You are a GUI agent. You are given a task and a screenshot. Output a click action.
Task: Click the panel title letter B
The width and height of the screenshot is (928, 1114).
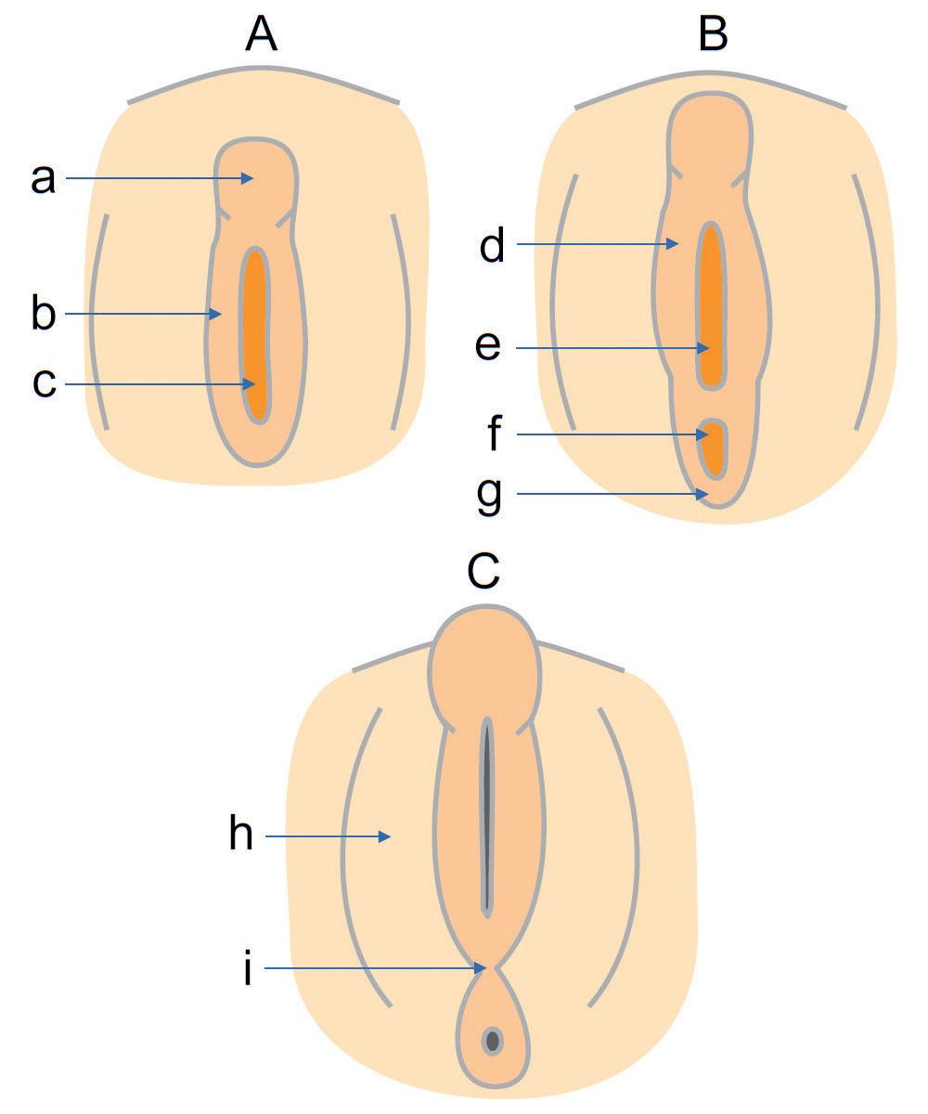click(x=713, y=33)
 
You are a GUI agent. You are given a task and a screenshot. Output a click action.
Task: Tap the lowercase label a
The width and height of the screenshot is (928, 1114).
click(x=43, y=178)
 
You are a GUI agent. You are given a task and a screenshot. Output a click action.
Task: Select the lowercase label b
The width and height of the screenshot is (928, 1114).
click(x=44, y=314)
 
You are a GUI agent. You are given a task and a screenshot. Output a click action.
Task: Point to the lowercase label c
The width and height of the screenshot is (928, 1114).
click(x=44, y=383)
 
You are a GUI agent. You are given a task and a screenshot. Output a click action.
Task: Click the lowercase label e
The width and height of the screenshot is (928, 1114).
click(x=488, y=347)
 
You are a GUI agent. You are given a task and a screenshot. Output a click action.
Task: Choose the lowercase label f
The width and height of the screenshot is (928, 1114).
click(x=494, y=434)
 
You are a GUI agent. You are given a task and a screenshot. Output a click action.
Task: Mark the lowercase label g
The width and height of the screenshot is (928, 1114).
click(x=489, y=496)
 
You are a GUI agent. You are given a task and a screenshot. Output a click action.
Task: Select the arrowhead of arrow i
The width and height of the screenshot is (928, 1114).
click(x=483, y=968)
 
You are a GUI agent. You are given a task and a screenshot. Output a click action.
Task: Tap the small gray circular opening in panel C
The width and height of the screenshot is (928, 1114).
click(x=492, y=1040)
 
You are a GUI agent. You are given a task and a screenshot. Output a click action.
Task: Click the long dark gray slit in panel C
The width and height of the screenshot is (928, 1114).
click(x=486, y=817)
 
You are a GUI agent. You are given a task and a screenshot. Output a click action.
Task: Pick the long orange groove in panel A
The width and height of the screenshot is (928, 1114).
click(x=255, y=334)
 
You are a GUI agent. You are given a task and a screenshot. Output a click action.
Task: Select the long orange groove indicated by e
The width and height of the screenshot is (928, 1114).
click(x=711, y=306)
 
